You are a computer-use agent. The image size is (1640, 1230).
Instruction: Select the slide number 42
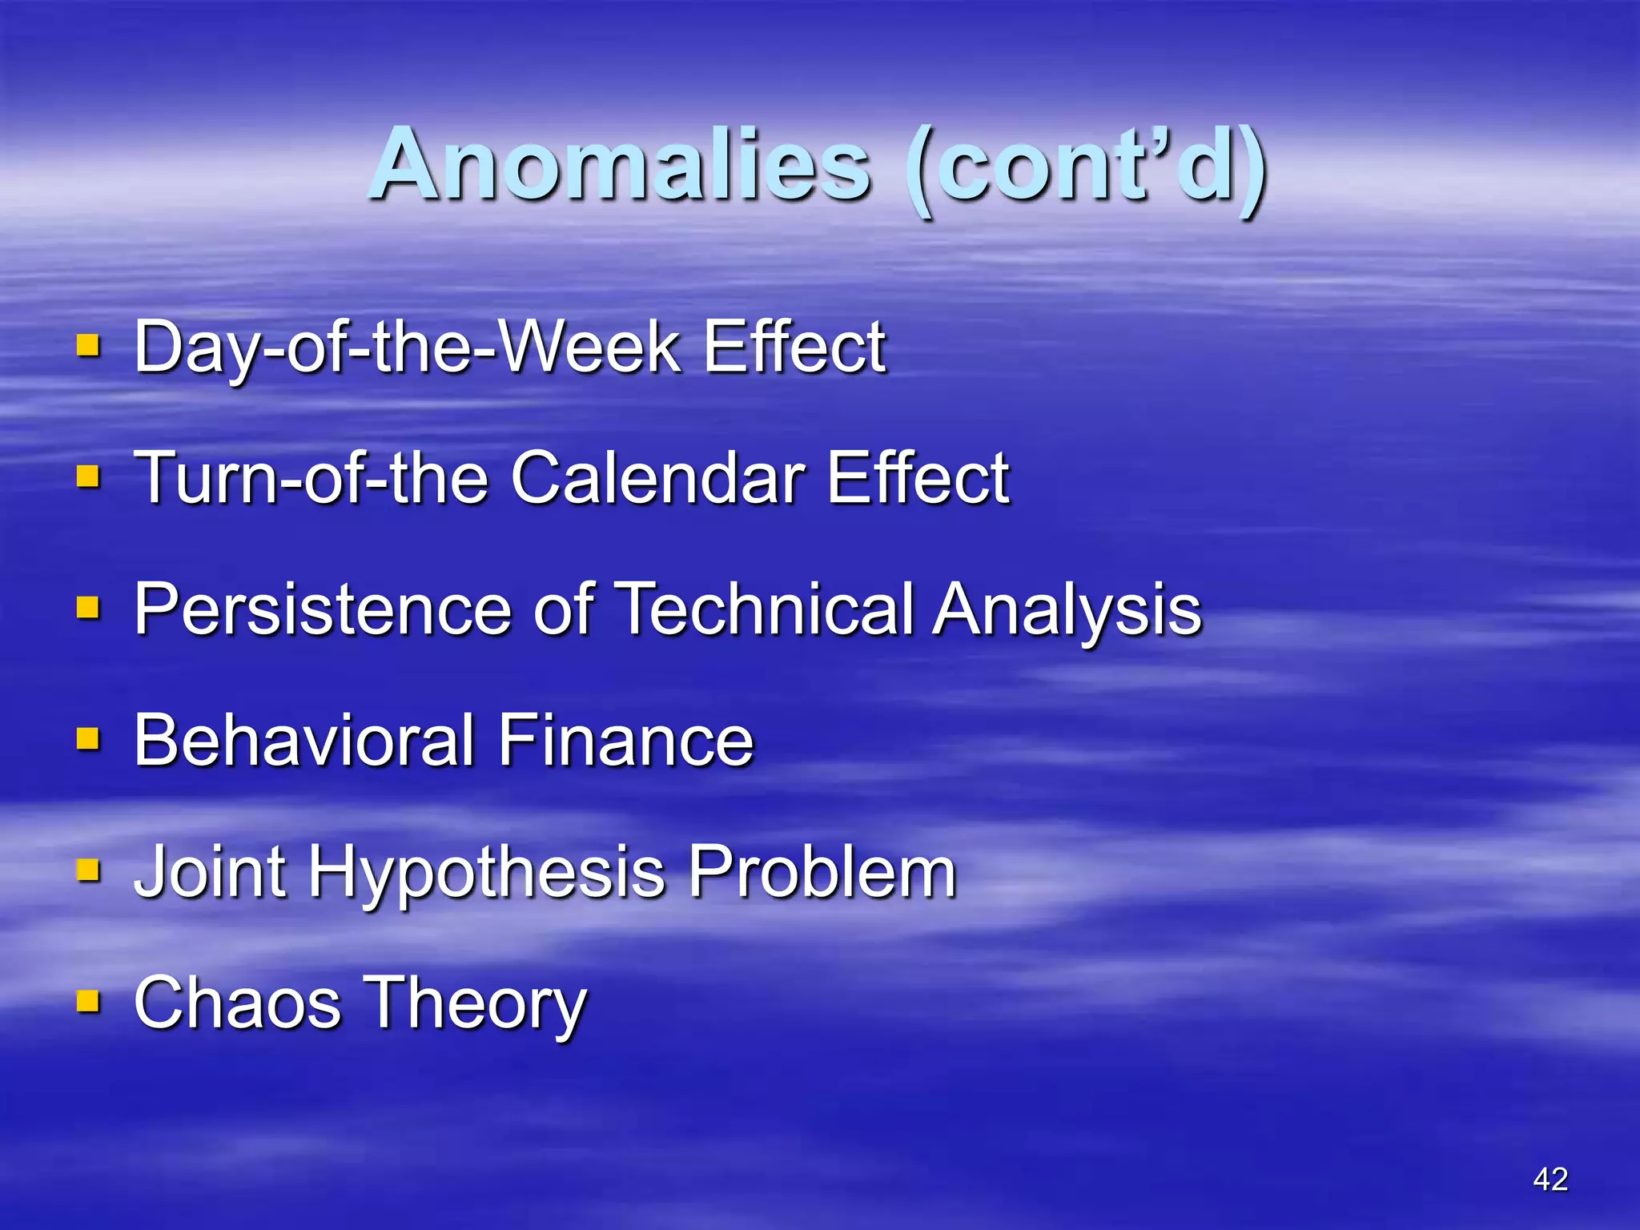pos(1550,1180)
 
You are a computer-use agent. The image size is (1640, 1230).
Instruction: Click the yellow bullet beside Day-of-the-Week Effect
pos(88,346)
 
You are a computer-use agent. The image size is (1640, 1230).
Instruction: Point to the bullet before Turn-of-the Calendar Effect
pos(88,477)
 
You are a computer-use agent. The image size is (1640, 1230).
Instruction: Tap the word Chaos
pos(238,1003)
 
